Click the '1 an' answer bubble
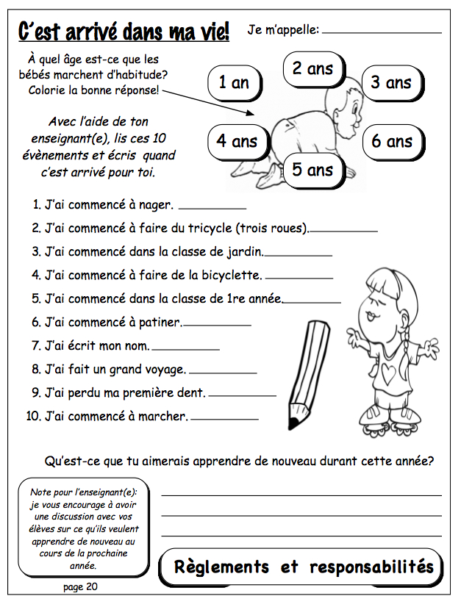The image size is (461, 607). pyautogui.click(x=234, y=82)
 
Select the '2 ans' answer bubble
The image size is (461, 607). pyautogui.click(x=312, y=68)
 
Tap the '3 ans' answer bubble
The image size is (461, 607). pyautogui.click(x=390, y=82)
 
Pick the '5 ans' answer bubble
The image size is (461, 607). pyautogui.click(x=312, y=170)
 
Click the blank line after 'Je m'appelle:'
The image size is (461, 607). pyautogui.click(x=382, y=32)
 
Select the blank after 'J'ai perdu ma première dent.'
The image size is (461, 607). pyautogui.click(x=243, y=395)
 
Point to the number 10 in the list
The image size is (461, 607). pyautogui.click(x=32, y=416)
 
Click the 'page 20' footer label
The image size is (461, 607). pyautogui.click(x=80, y=586)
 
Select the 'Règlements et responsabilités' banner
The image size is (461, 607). pyautogui.click(x=302, y=567)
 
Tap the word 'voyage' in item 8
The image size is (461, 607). pyautogui.click(x=165, y=369)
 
